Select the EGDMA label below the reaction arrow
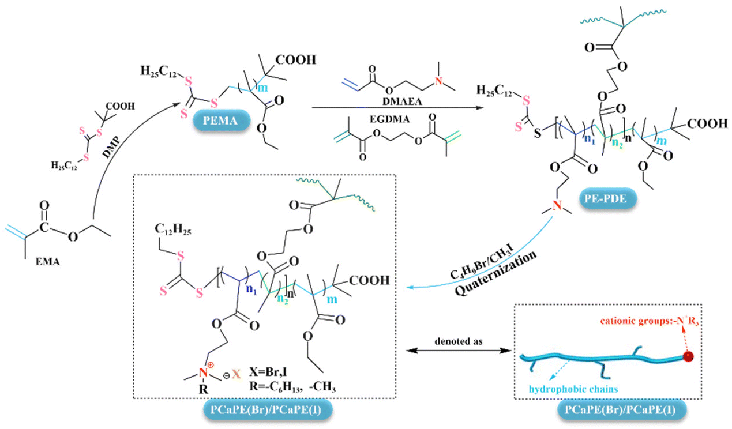[x=389, y=119]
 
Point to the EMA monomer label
[x=48, y=261]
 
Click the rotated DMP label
[x=111, y=147]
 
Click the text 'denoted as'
[x=458, y=341]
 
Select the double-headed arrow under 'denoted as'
[x=459, y=351]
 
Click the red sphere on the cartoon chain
[x=688, y=356]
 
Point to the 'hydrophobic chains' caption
[x=573, y=389]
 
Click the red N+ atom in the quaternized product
[x=204, y=372]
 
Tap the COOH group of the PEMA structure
[x=296, y=60]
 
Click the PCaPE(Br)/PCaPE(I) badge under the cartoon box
[x=622, y=410]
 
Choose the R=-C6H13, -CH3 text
[x=292, y=387]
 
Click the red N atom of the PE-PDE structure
[x=557, y=205]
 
